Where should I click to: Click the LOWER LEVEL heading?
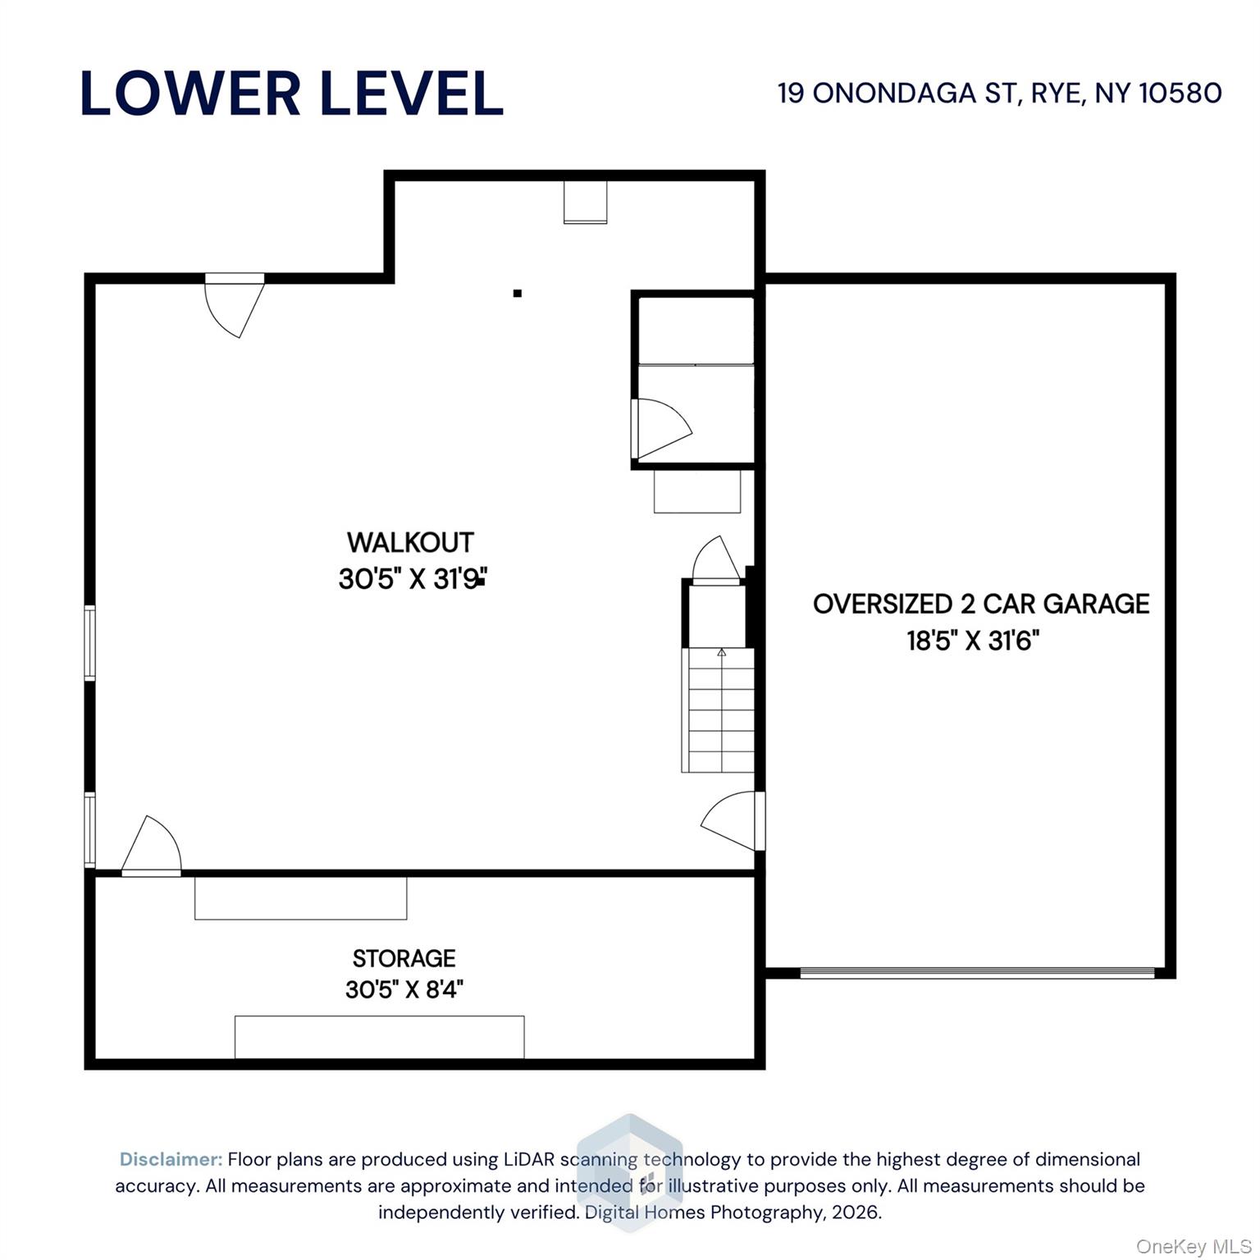click(292, 94)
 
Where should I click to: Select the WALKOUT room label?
click(410, 542)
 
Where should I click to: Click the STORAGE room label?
click(404, 958)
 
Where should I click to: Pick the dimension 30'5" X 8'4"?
click(404, 989)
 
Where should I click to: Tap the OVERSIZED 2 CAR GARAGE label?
click(981, 604)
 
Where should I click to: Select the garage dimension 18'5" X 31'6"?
click(973, 640)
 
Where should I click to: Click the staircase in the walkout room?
click(719, 710)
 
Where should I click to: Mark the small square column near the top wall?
click(517, 293)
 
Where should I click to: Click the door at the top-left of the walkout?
click(235, 305)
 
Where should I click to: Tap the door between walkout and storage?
click(151, 847)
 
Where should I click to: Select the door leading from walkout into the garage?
click(733, 820)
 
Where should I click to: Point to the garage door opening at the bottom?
click(977, 973)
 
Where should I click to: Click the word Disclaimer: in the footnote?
click(171, 1159)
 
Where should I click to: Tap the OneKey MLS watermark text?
click(1194, 1247)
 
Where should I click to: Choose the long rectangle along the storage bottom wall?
click(380, 1037)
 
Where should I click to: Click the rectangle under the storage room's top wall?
click(301, 898)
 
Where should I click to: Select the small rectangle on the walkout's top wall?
click(586, 202)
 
